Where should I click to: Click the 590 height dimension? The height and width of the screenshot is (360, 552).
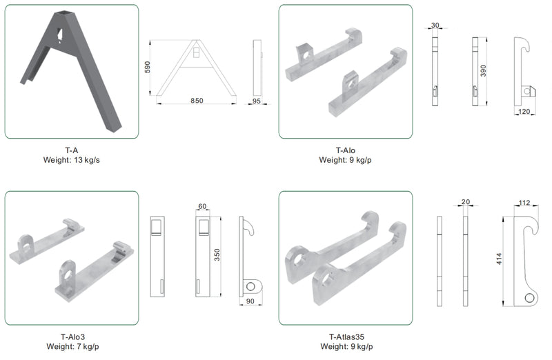pos(147,67)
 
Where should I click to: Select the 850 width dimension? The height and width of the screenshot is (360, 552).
pos(197,101)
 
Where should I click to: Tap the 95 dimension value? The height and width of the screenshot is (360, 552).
pos(256,101)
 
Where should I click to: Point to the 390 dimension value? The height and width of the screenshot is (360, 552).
pos(483,70)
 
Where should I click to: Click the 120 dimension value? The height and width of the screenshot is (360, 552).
pos(524,111)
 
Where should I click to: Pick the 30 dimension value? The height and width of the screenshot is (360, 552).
pos(435,25)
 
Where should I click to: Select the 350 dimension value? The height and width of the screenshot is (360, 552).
pos(217,254)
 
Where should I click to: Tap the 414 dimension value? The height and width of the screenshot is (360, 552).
pos(499,259)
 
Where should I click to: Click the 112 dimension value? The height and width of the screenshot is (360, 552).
pos(524,202)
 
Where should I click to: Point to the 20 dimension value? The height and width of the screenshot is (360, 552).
pos(465,201)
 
